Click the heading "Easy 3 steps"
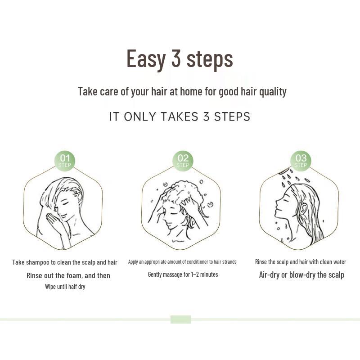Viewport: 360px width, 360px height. point(180,58)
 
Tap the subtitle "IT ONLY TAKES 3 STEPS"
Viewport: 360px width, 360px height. point(180,117)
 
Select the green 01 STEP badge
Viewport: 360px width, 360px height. point(65,161)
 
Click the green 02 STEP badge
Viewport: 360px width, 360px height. point(183,161)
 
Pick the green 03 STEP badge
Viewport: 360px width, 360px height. point(301,161)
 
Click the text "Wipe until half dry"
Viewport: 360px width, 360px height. point(65,287)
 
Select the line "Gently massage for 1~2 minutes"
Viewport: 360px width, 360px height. point(183,274)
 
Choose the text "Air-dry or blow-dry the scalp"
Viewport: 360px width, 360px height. point(301,275)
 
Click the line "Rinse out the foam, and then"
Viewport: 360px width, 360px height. point(68,275)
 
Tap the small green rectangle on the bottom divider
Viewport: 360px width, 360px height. point(180,319)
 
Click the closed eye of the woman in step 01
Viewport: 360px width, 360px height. point(67,203)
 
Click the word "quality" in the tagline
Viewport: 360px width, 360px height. point(271,91)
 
